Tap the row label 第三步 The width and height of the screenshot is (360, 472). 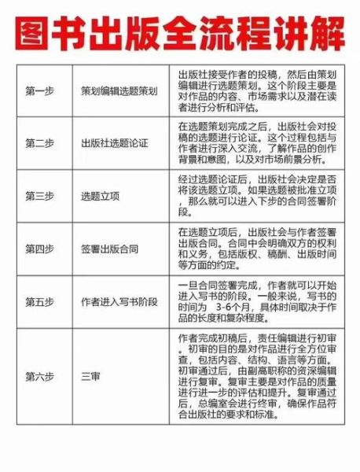[x=39, y=195]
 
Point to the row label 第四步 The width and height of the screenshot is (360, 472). [x=39, y=249]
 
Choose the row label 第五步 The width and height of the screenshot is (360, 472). [x=39, y=301]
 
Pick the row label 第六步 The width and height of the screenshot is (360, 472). [x=39, y=375]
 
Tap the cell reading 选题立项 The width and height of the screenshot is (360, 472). [x=97, y=195]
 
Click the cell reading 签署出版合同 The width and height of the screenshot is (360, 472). [x=108, y=249]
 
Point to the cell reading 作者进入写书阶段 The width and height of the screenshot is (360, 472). [x=118, y=301]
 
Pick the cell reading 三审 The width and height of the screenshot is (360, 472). [x=88, y=375]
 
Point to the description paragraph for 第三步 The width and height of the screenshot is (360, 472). [x=257, y=195]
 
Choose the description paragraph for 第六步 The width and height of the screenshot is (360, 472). [x=257, y=375]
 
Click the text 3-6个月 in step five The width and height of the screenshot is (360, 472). [x=230, y=308]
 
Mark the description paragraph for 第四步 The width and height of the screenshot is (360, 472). [x=257, y=249]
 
